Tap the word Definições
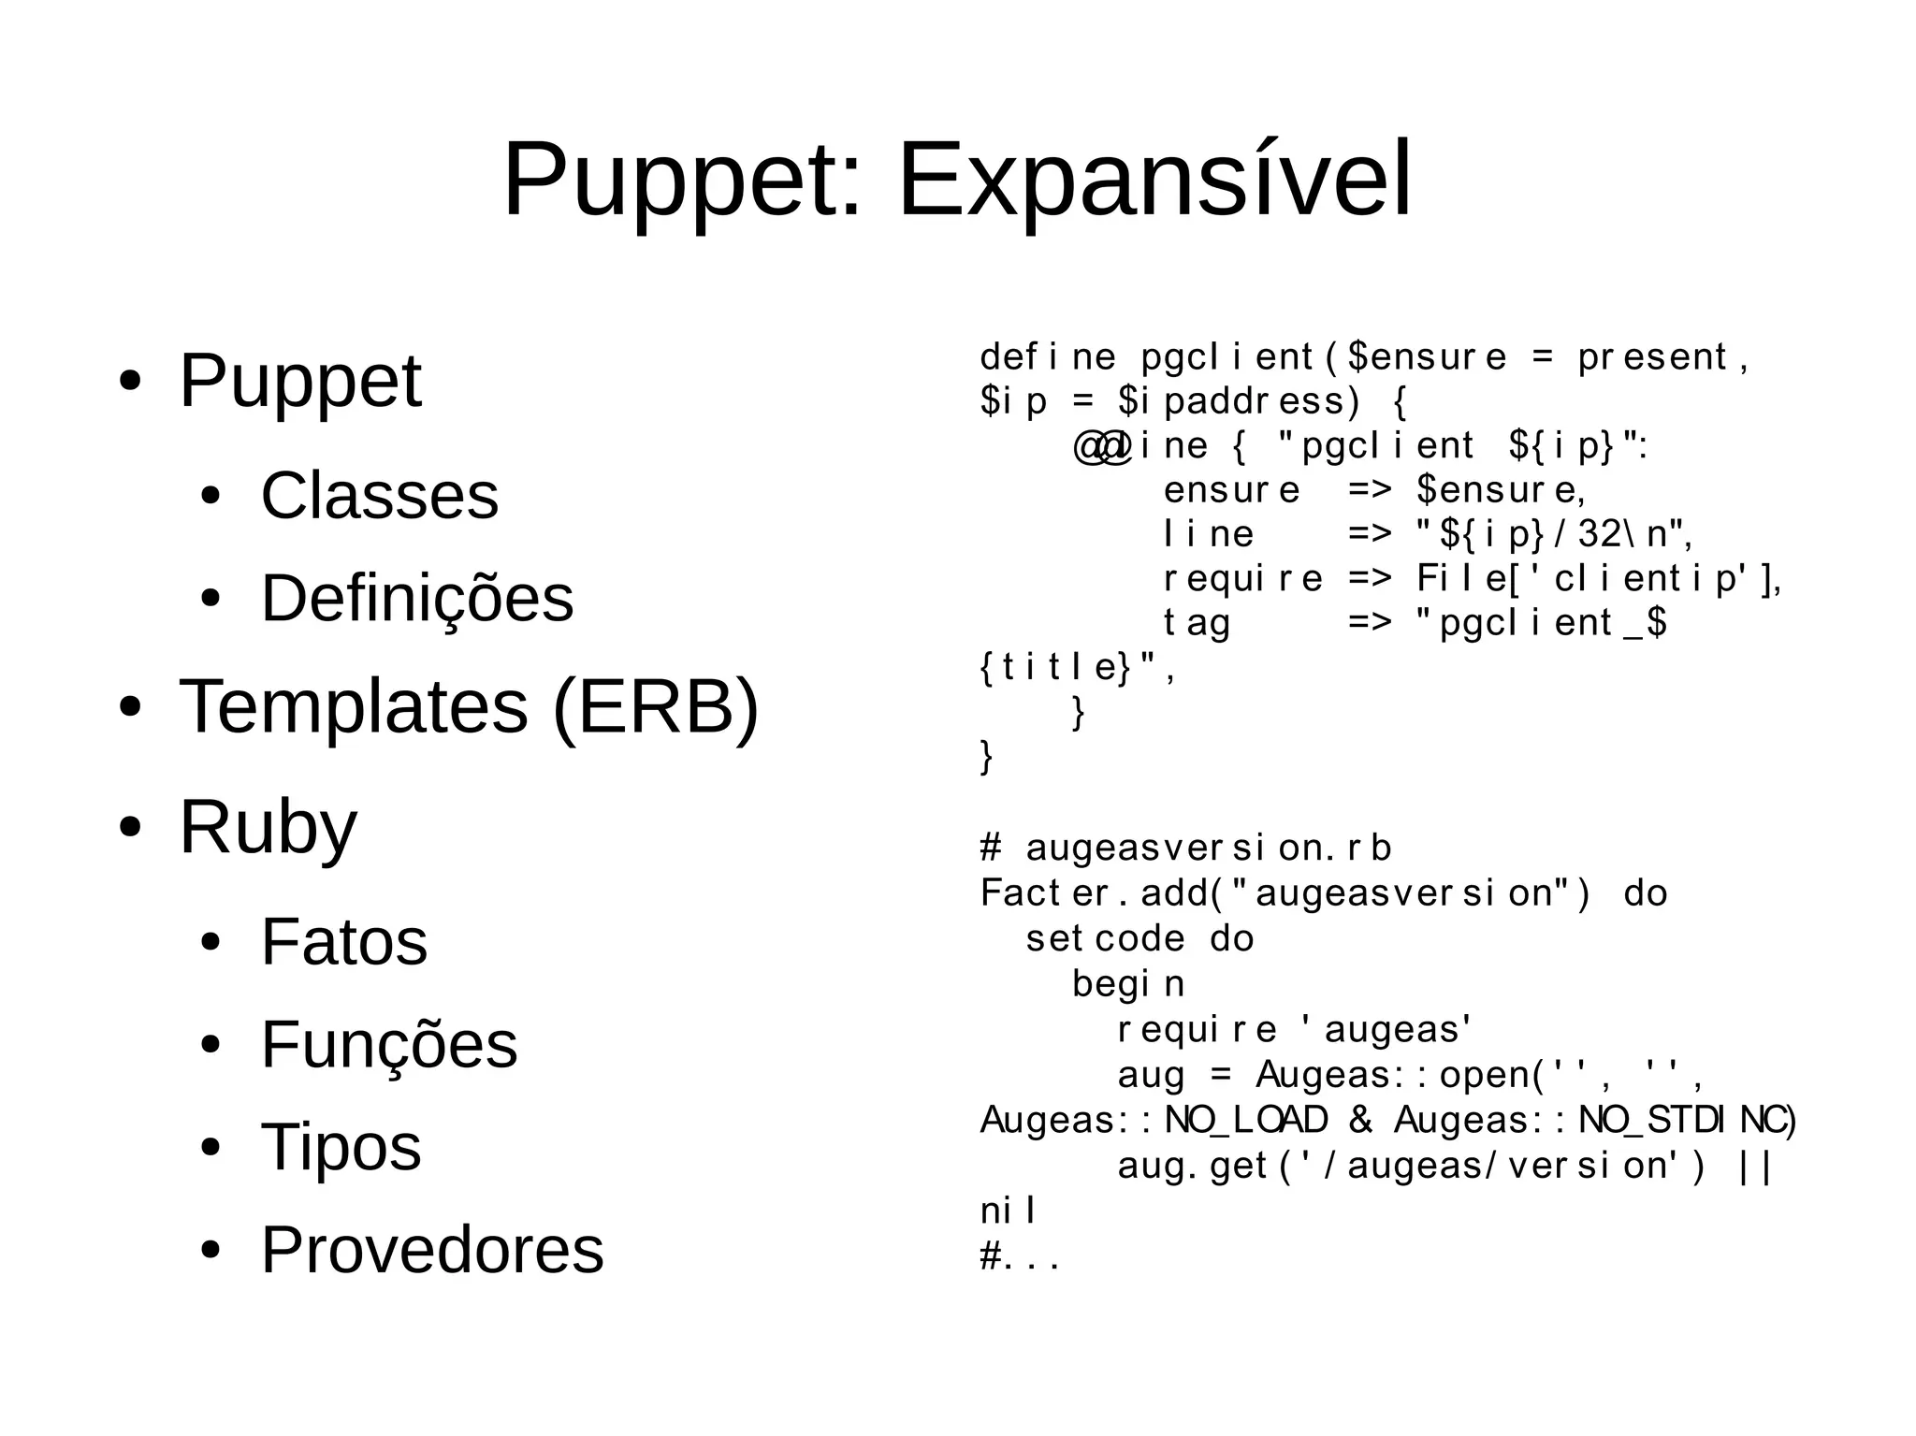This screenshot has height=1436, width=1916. (416, 599)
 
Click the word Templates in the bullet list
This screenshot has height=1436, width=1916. (354, 707)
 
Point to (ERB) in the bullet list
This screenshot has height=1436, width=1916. (656, 707)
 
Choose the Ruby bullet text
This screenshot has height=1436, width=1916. (268, 828)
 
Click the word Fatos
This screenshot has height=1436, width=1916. (343, 942)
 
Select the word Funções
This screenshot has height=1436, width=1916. (388, 1045)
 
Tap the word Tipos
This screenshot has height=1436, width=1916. (341, 1147)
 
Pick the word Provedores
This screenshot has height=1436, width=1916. (432, 1250)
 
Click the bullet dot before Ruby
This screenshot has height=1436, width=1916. (130, 828)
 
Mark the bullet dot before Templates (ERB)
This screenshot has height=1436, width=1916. (130, 708)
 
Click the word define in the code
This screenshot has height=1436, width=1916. (1047, 357)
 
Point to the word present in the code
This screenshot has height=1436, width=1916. (1651, 357)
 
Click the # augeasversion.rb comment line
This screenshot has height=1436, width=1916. (1185, 849)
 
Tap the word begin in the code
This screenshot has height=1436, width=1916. (1128, 984)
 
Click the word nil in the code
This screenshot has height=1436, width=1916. (1008, 1211)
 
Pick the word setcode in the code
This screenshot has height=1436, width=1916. (1105, 938)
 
